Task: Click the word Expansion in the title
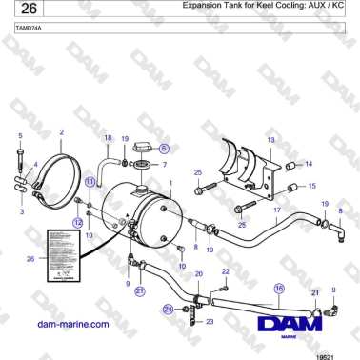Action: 208,6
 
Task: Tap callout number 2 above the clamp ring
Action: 61,133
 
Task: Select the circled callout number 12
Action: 78,221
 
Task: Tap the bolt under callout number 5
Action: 19,156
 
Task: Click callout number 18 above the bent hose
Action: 108,138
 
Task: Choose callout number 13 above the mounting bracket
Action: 270,140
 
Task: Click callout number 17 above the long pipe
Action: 276,209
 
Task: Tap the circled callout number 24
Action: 167,309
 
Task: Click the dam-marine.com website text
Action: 71,325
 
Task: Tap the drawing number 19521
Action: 324,354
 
